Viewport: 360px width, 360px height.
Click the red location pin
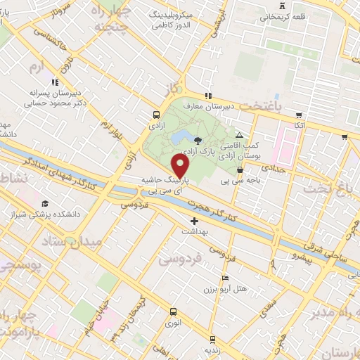(181, 167)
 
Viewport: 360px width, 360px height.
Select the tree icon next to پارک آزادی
(198, 140)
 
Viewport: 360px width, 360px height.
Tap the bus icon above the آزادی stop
(155, 114)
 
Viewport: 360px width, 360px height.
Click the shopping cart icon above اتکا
(300, 115)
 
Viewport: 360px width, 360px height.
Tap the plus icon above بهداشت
(193, 221)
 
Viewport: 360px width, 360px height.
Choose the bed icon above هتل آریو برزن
(224, 278)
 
